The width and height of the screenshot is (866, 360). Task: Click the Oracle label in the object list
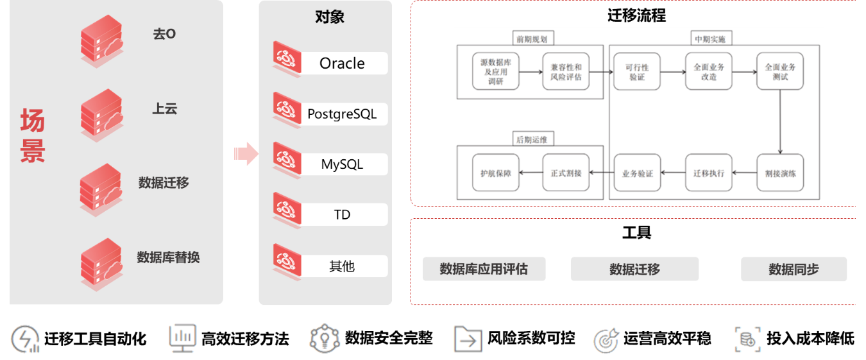342,63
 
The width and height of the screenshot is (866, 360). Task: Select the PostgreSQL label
342,114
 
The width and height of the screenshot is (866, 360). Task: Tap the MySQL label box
342,164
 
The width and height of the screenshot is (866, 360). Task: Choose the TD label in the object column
342,214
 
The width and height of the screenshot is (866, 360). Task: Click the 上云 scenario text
164,108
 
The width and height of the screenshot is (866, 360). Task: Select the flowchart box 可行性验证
637,72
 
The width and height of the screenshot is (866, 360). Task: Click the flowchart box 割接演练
779,173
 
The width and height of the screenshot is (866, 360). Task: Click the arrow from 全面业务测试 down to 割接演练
779,122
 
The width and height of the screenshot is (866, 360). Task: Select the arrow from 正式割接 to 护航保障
531,173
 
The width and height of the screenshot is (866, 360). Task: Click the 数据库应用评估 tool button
484,269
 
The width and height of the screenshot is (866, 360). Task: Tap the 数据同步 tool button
794,270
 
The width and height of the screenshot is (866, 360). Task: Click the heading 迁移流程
636,15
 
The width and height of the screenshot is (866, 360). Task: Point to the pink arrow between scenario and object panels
245,153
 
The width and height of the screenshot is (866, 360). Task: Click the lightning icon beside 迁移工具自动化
25,339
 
